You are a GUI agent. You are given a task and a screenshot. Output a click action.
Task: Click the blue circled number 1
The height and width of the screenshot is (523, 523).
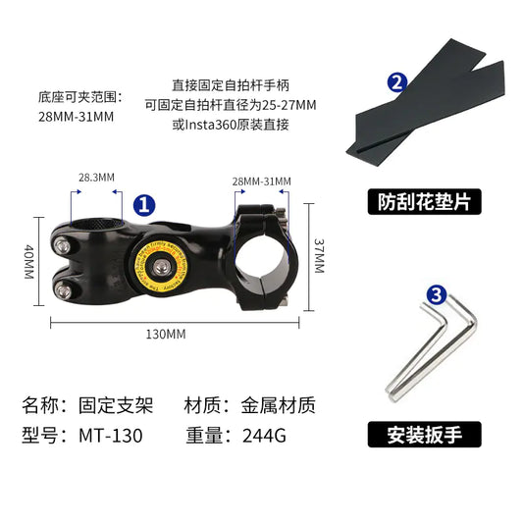(143, 205)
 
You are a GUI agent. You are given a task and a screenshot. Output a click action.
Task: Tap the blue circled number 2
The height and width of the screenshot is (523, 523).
(396, 81)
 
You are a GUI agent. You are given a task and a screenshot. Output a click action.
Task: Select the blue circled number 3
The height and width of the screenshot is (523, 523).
(437, 294)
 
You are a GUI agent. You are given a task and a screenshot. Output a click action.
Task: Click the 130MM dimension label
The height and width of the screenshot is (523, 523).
(166, 335)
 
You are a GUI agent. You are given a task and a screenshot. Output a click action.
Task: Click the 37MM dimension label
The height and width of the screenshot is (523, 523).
(319, 256)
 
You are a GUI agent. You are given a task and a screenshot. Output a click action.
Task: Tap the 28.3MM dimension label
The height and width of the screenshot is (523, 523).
(97, 178)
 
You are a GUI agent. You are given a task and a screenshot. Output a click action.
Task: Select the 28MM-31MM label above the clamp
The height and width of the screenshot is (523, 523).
(261, 182)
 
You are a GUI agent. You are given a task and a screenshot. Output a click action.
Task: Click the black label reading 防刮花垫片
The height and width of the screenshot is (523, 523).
(425, 202)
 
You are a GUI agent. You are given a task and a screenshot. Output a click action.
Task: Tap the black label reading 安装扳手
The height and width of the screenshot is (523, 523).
(425, 433)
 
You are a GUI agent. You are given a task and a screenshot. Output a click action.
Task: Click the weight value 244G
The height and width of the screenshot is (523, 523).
(264, 436)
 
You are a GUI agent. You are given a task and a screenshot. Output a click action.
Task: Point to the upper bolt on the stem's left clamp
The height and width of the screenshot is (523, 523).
(62, 242)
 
